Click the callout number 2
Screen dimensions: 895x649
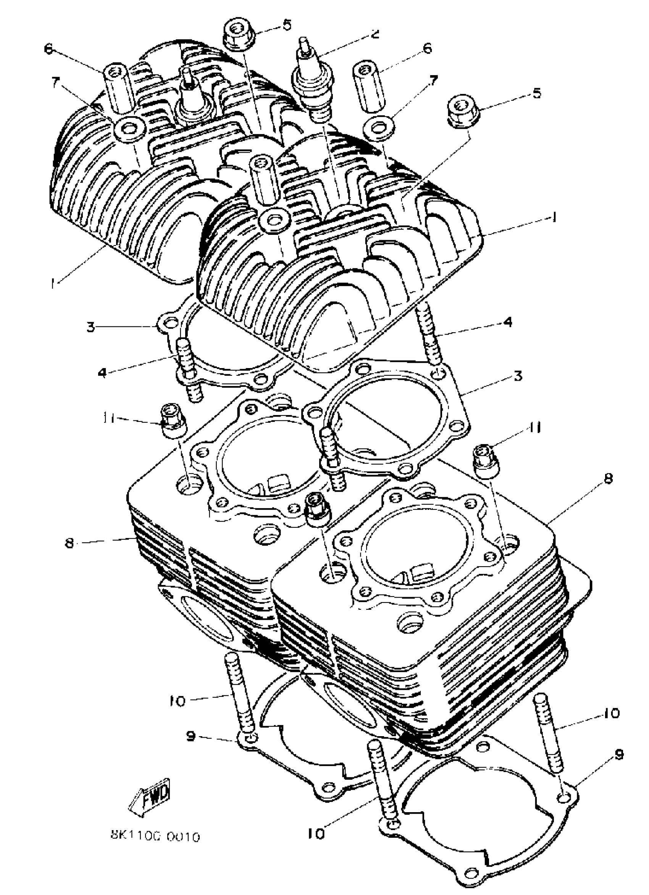click(x=375, y=34)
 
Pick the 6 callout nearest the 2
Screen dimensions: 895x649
click(x=427, y=48)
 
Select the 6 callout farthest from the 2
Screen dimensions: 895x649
click(x=48, y=49)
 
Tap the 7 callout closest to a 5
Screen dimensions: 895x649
click(x=433, y=81)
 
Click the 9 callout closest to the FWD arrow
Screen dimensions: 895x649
click(x=191, y=737)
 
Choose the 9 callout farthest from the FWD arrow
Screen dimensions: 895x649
click(x=619, y=754)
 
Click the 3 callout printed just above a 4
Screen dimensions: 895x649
click(x=91, y=327)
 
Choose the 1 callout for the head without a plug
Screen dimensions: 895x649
click(x=554, y=217)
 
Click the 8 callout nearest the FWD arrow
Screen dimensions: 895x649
click(x=70, y=543)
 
